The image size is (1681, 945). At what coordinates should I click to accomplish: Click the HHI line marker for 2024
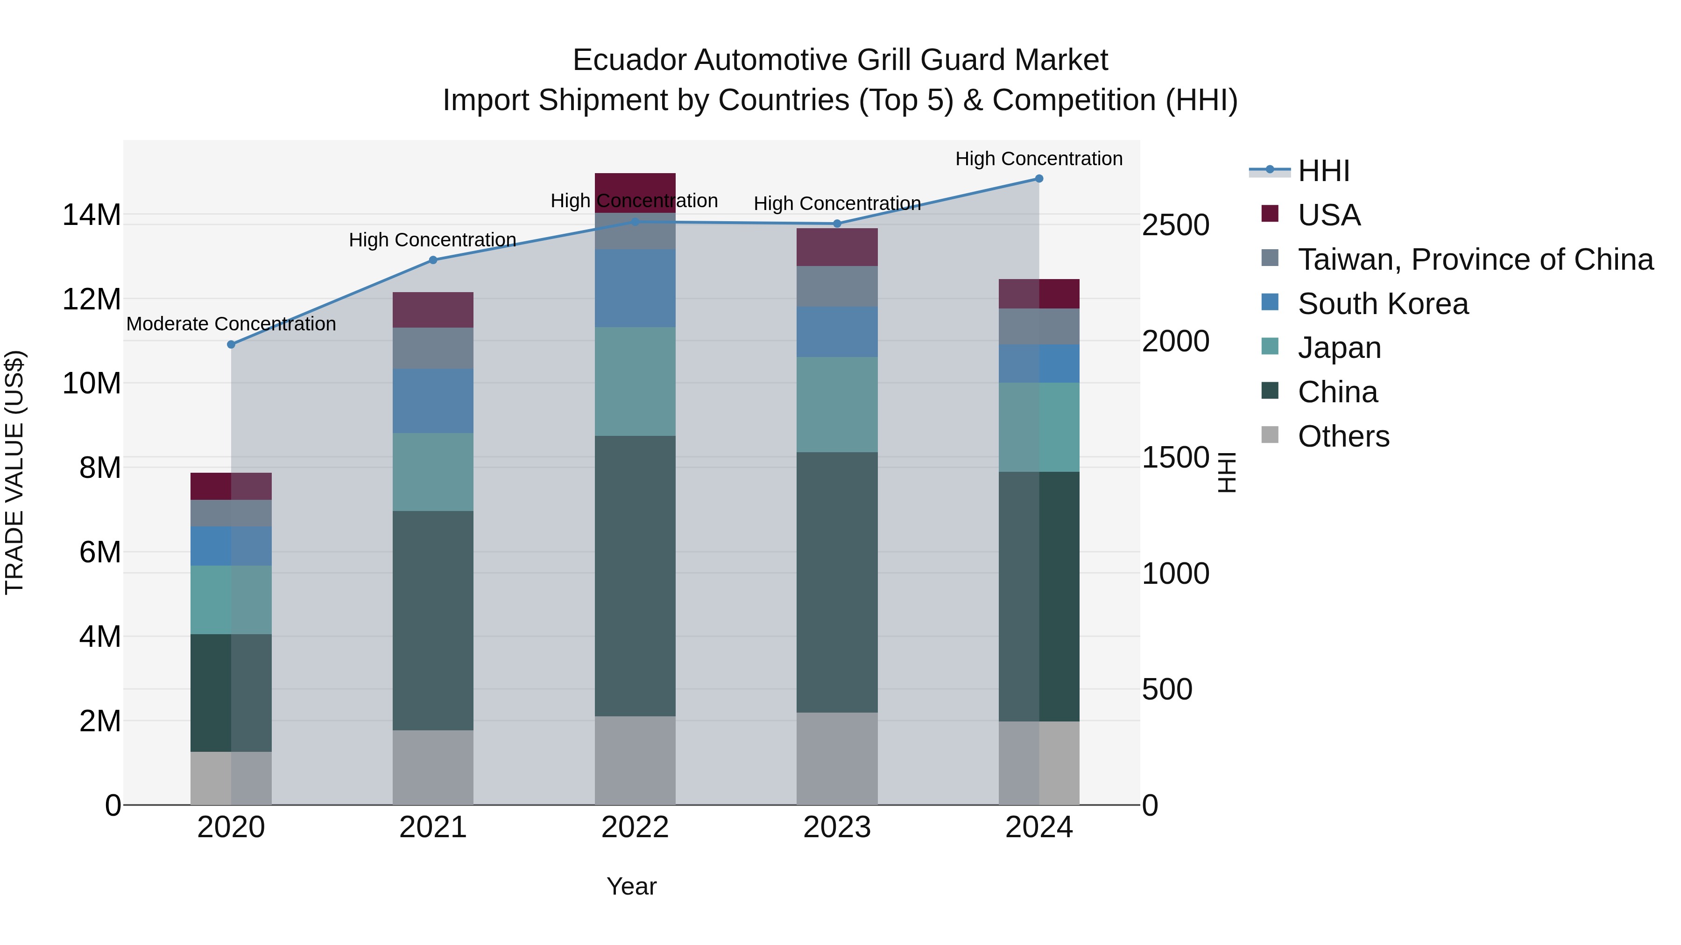point(1039,179)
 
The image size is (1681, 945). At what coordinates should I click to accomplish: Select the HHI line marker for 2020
point(231,344)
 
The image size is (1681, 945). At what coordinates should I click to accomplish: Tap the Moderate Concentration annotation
point(231,324)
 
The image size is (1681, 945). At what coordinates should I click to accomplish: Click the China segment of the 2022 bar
point(635,576)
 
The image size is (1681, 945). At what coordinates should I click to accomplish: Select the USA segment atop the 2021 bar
point(433,310)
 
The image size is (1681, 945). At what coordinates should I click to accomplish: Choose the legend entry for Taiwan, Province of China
point(1475,259)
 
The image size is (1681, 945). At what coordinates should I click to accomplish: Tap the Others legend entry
point(1343,436)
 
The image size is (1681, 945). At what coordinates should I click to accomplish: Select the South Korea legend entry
point(1382,304)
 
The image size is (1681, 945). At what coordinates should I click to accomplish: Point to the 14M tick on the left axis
point(92,215)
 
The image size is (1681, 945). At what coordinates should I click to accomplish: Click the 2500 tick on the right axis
point(1175,226)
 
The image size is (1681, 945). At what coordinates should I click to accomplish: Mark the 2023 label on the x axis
point(837,827)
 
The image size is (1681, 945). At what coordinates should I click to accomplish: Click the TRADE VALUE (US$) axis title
point(14,472)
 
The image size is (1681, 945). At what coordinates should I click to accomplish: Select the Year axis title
point(631,886)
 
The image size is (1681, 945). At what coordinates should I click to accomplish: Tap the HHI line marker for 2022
point(635,222)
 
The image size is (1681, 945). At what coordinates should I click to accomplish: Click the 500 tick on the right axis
point(1167,689)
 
